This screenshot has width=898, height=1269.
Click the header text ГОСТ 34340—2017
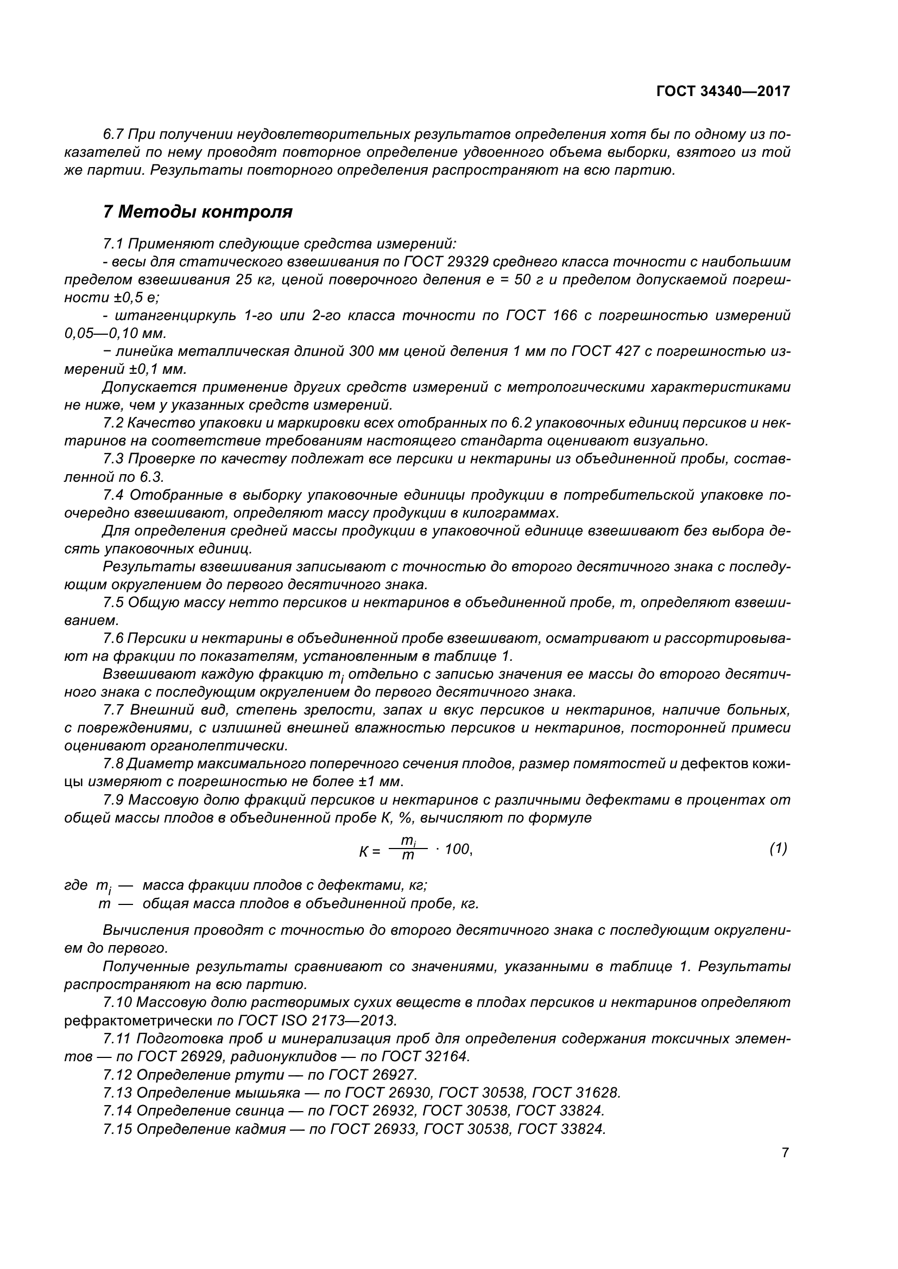point(723,91)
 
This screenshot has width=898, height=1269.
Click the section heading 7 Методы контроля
point(198,211)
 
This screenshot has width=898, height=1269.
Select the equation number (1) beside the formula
point(778,849)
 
